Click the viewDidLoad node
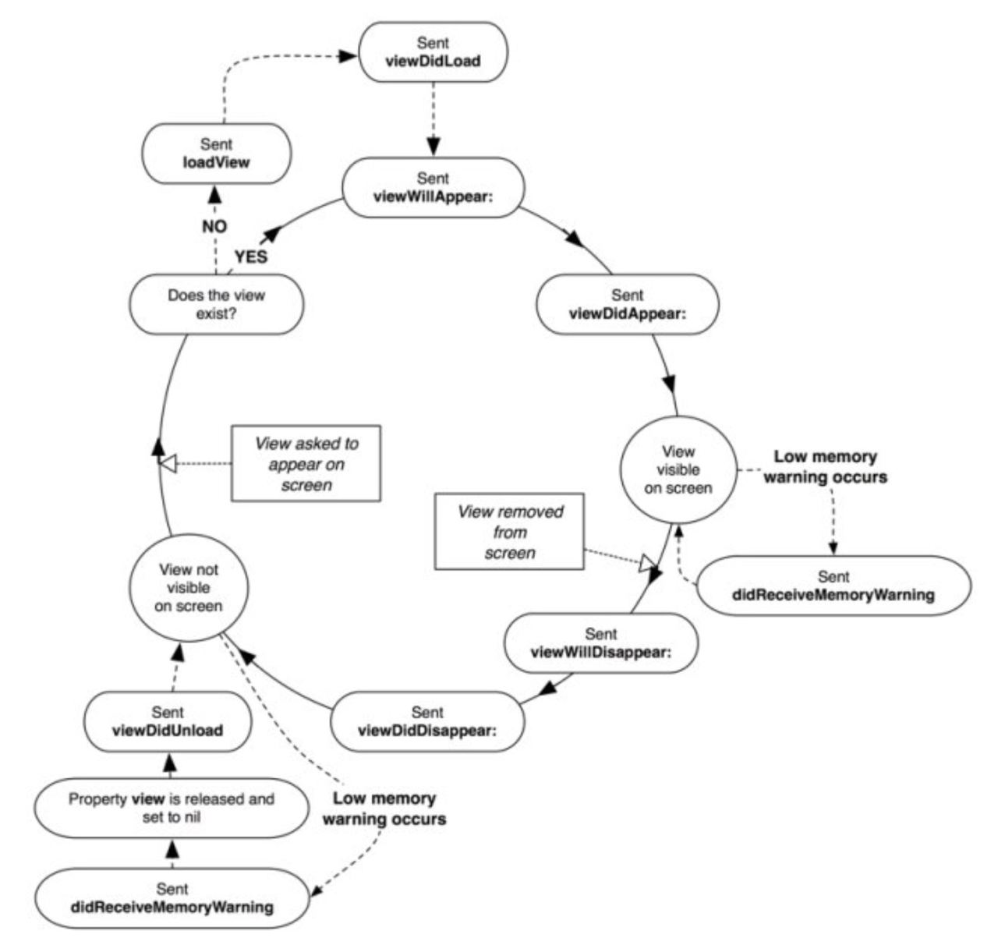coord(433,51)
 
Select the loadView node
coord(217,154)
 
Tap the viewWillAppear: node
coord(434,187)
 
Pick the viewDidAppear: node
coord(628,304)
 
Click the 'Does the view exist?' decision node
coord(217,304)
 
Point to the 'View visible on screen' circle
coord(678,469)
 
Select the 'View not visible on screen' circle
coord(189,588)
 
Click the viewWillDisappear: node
coord(601,643)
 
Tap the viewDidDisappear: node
coord(427,721)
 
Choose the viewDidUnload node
coord(168,721)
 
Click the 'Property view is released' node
coord(172,808)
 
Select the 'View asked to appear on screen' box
coord(306,463)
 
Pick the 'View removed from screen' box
coord(509,531)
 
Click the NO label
coord(214,227)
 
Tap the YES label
coord(251,257)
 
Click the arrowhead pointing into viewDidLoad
coord(347,56)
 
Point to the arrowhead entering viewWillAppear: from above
coord(434,147)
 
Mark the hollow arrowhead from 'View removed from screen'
coord(647,565)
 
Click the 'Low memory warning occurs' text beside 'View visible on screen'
coord(826,466)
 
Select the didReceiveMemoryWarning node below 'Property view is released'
coord(172,897)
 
